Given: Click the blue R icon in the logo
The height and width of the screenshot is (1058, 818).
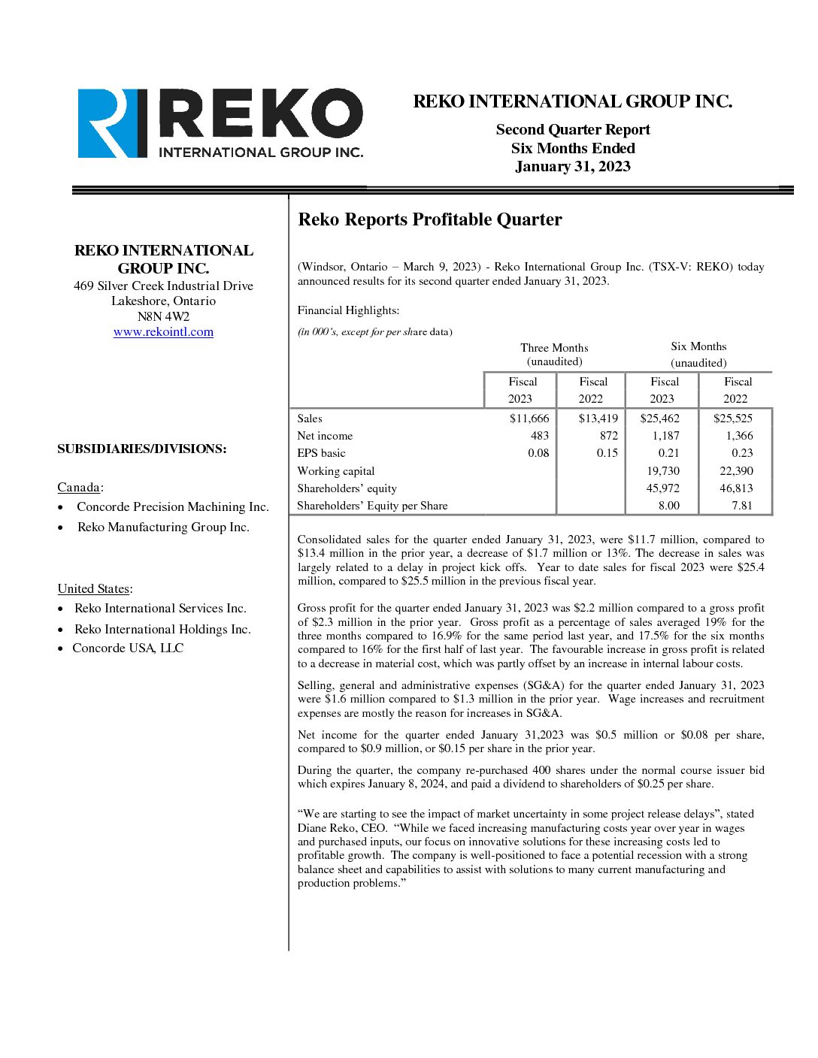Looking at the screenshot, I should click(111, 123).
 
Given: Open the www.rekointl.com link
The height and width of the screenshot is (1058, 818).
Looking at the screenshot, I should click(163, 332).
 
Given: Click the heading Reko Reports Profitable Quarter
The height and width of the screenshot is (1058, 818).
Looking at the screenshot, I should click(429, 219).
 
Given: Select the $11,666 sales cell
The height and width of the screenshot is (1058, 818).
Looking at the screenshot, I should click(529, 419).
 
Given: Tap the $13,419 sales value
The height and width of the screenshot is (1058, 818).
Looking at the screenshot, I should click(598, 419).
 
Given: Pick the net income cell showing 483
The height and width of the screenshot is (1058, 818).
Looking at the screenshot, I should click(539, 436).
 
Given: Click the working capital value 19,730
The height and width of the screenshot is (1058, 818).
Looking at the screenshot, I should click(662, 471).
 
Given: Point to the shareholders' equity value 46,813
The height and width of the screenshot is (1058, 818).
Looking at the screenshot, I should click(735, 488).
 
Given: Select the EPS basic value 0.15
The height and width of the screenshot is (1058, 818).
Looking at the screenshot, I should click(607, 453).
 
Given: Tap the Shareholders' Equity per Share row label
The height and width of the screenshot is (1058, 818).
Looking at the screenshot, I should click(372, 506).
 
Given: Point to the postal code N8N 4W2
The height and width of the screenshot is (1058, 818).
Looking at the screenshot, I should click(163, 316).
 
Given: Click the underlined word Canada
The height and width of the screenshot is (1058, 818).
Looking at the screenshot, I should click(78, 488).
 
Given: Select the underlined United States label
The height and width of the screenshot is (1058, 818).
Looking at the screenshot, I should click(94, 589).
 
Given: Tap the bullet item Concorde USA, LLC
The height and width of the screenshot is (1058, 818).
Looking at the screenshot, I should click(128, 648).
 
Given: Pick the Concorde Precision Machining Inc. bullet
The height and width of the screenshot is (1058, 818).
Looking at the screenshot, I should click(172, 507).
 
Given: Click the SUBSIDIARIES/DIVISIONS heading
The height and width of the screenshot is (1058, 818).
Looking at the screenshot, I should click(141, 449).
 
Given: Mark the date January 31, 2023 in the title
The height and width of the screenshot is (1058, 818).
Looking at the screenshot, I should click(572, 167).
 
